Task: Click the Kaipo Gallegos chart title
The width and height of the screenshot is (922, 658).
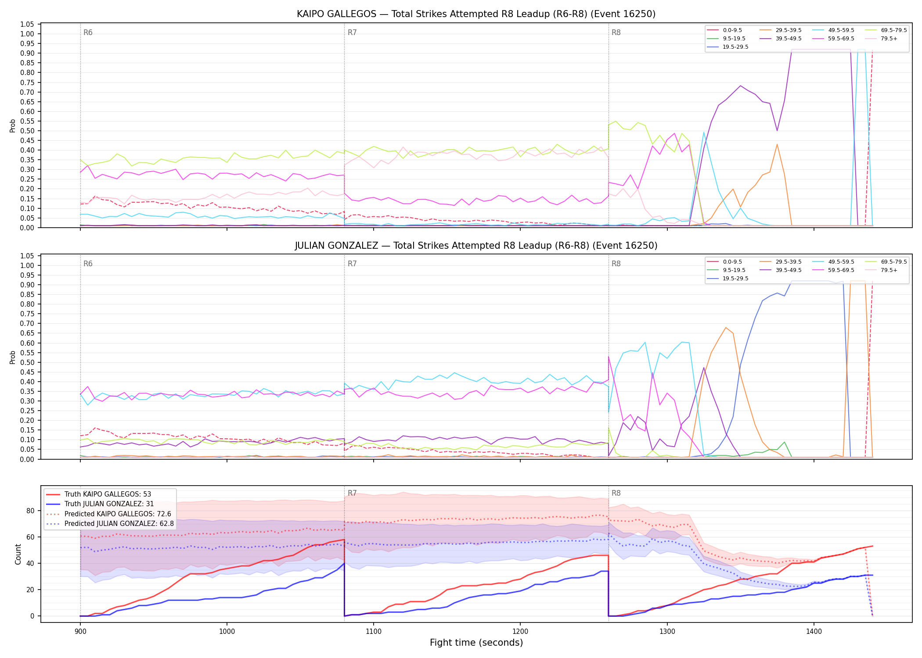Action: click(476, 14)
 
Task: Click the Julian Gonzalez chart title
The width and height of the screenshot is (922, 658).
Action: click(476, 246)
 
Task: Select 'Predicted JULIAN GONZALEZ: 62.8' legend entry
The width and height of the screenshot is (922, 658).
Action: click(110, 524)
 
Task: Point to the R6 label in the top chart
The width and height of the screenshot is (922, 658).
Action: click(88, 32)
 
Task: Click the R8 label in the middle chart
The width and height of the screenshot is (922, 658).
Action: click(616, 264)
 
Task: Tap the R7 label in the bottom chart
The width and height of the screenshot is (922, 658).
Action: click(352, 493)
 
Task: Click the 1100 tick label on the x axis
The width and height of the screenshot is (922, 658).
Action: click(373, 631)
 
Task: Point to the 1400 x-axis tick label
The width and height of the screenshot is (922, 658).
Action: click(814, 631)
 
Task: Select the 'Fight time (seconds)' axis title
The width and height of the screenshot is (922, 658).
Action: click(476, 643)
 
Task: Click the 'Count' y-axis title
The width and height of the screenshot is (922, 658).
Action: click(18, 554)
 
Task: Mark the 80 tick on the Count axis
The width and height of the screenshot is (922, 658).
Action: click(30, 511)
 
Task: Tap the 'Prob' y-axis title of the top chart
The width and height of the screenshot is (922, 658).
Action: click(13, 125)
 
